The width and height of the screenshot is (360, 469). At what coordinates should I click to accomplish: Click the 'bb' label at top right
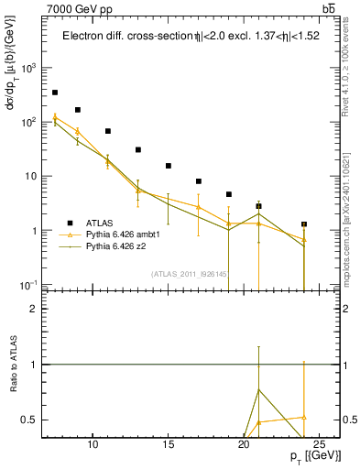(x=328, y=9)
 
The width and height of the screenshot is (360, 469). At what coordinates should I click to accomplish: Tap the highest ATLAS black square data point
(x=55, y=93)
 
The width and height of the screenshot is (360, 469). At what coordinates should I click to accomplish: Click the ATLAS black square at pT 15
(x=169, y=166)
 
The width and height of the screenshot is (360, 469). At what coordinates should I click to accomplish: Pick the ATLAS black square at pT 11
(x=108, y=131)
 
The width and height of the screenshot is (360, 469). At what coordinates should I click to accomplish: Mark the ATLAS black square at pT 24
(x=304, y=224)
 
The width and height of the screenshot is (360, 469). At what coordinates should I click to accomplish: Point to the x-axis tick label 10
(x=93, y=445)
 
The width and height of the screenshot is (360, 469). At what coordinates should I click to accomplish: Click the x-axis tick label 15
(x=169, y=445)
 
